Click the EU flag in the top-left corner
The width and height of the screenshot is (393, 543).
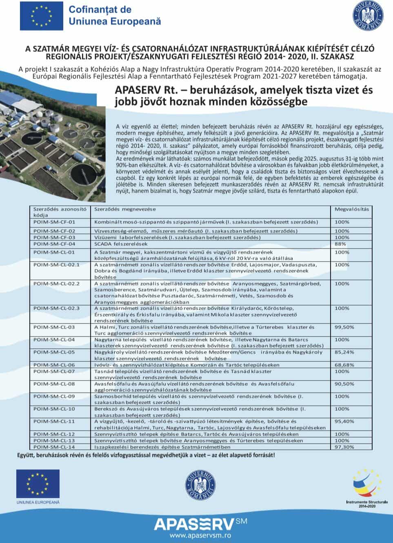[41, 16]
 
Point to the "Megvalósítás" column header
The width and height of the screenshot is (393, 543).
[351, 209]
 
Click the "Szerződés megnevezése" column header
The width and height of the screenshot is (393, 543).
[125, 209]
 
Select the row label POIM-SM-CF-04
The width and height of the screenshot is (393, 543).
[54, 244]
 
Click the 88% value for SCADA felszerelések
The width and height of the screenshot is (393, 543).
[340, 244]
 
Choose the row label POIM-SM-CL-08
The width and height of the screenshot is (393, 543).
[54, 384]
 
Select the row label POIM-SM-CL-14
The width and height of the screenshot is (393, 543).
[54, 447]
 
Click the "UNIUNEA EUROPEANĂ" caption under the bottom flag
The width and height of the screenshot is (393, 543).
[38, 502]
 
